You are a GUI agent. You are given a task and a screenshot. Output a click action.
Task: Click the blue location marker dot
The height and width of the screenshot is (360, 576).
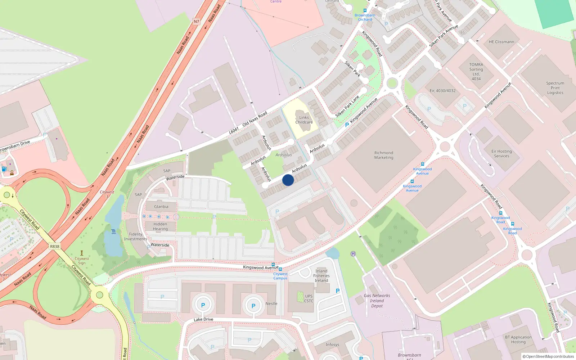(x=288, y=180)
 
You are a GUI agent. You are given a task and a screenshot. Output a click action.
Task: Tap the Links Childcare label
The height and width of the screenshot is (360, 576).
(x=304, y=120)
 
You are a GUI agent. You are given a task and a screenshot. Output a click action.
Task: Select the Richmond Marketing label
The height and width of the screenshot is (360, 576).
(x=384, y=155)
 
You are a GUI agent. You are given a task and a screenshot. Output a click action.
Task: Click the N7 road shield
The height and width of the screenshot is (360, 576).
(x=196, y=22)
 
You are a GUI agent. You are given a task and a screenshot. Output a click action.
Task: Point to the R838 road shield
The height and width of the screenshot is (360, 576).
(x=55, y=247)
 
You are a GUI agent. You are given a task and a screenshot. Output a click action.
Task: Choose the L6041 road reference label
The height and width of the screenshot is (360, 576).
(x=234, y=130)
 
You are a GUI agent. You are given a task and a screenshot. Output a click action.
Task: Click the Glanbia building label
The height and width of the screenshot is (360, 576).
(x=161, y=207)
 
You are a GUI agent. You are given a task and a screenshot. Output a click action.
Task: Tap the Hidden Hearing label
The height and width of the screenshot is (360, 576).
(x=160, y=226)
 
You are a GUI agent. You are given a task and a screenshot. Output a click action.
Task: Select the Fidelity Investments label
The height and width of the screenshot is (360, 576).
(x=136, y=237)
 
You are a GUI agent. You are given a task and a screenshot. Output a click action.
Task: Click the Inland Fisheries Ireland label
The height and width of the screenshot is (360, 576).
(x=321, y=276)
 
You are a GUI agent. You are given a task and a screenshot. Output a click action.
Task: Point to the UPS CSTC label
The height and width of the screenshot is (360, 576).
(x=309, y=299)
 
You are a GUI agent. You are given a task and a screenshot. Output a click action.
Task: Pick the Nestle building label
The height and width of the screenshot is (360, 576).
(x=271, y=303)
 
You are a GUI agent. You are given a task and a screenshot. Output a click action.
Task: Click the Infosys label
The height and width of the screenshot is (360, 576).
(x=332, y=345)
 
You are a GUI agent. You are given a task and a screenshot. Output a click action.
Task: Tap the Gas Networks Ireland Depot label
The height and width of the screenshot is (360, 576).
(x=377, y=301)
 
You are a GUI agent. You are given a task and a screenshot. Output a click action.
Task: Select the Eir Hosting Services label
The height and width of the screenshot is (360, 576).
(x=501, y=154)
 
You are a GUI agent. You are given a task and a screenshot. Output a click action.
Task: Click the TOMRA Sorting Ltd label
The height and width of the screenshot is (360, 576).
(x=476, y=72)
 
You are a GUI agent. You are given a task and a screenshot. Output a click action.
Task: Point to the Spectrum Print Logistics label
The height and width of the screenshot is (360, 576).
(x=555, y=88)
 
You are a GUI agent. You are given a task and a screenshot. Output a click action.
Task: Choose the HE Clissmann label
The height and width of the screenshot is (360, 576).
(x=501, y=42)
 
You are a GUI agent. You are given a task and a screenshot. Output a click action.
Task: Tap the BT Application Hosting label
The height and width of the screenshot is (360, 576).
(x=518, y=339)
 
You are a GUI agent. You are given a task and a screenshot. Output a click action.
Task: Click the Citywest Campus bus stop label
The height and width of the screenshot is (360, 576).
(x=280, y=276)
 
